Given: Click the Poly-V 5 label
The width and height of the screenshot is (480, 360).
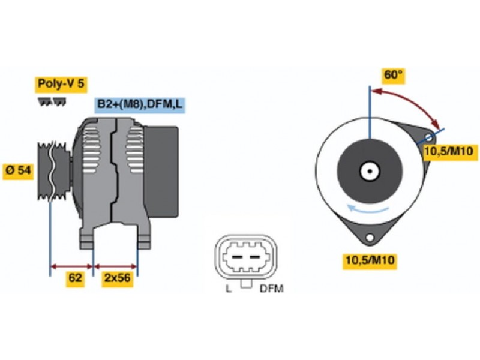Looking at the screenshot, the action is tap(61, 84).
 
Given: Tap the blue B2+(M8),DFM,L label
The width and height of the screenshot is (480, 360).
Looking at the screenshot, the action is tap(140, 104).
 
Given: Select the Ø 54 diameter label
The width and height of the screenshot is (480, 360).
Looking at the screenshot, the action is tap(18, 170).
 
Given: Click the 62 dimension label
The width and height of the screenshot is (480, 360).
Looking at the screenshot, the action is tap(75, 278).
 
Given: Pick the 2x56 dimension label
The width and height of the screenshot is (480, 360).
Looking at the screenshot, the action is tap(117, 278).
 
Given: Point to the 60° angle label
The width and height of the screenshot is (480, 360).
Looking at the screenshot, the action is tap(394, 76).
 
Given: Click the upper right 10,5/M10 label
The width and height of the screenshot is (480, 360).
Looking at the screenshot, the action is tap(448, 151).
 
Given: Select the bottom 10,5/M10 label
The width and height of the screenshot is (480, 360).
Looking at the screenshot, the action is tap(370, 260).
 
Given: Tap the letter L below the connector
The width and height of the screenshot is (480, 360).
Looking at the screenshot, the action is tap(229, 289).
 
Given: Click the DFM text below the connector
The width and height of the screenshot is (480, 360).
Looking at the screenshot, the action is tap(272, 289).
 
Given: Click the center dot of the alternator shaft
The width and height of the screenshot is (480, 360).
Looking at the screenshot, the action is tap(370, 172).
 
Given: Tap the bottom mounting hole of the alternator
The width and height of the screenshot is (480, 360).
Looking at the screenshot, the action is tap(370, 237).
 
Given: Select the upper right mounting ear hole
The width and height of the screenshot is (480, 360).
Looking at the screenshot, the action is tap(429, 137).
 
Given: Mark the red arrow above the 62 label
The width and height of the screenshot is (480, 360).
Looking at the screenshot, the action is tap(71, 266).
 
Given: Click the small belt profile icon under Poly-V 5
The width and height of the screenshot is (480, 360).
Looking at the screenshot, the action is tap(52, 102).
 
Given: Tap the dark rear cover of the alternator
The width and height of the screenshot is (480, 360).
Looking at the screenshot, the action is tap(161, 172).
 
